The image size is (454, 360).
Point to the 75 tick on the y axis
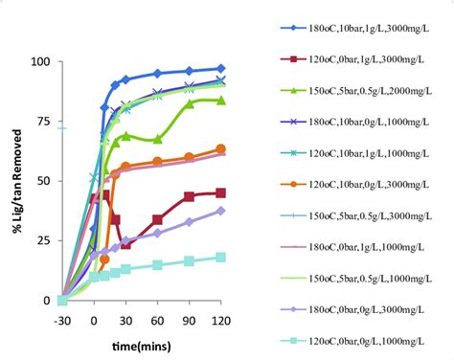click(43, 121)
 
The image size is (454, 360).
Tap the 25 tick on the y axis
click(43, 240)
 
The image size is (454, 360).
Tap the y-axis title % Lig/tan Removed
click(14, 181)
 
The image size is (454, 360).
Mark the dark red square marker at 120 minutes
click(221, 192)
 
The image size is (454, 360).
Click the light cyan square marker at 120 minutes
click(221, 257)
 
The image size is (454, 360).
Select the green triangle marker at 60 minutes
click(158, 140)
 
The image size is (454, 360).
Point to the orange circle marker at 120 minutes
click(221, 149)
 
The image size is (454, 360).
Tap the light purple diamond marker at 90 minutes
click(190, 221)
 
